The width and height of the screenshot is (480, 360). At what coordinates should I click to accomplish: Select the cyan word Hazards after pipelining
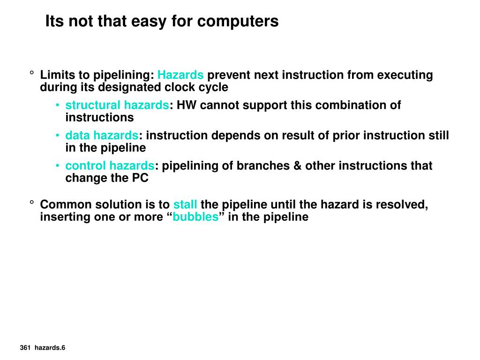[x=180, y=75]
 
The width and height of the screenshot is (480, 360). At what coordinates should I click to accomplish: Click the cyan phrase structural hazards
[x=117, y=105]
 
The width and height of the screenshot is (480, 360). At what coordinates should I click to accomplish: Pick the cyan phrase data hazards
[x=102, y=136]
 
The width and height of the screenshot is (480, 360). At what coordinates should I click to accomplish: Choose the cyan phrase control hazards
[x=110, y=166]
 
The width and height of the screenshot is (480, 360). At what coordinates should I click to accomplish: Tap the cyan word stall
[x=185, y=205]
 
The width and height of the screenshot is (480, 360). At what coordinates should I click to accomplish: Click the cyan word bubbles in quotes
[x=195, y=217]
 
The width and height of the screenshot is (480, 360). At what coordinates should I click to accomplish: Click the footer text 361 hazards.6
[x=43, y=347]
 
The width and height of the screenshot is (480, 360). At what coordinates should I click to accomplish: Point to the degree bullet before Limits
[x=31, y=74]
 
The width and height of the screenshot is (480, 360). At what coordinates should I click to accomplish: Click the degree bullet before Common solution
[x=31, y=203]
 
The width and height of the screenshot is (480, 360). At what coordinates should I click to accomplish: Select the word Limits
[x=56, y=75]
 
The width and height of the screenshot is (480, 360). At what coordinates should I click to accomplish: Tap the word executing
[x=405, y=75]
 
